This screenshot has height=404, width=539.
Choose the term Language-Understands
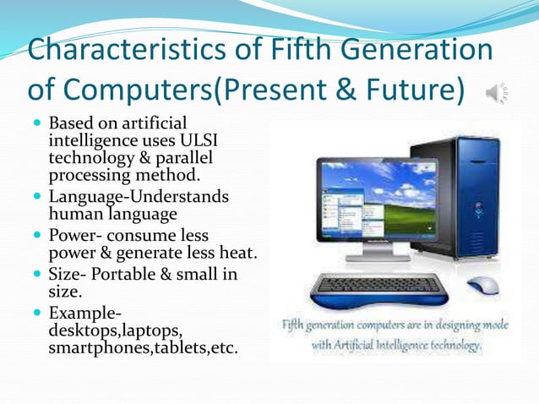point(139,197)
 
